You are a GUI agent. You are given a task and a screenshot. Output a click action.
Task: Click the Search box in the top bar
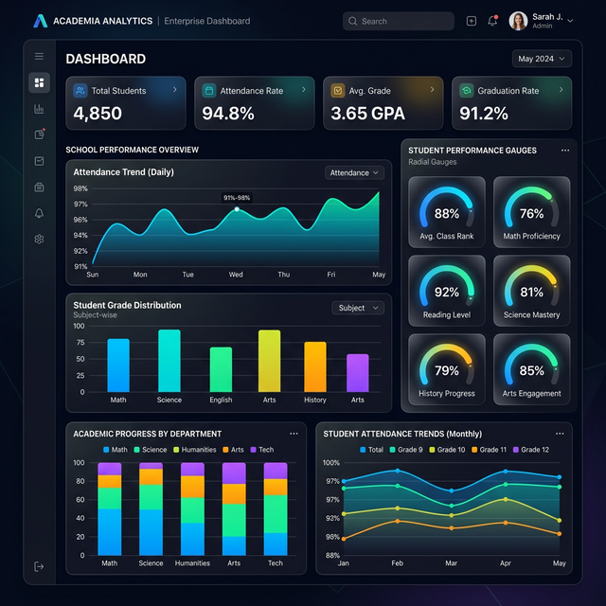coord(398,21)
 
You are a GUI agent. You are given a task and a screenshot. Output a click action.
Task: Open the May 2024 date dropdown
coord(543,59)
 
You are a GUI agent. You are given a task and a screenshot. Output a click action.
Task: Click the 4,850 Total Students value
coord(98,114)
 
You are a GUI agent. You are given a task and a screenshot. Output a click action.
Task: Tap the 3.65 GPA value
coord(367,114)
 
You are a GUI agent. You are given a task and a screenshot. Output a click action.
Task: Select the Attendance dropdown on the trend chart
coord(355,173)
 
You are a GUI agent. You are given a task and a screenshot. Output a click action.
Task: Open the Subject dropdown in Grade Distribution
coord(358,308)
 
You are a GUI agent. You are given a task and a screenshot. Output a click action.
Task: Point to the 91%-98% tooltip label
coord(237,198)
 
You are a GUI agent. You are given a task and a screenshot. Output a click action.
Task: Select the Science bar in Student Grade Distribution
coord(169,361)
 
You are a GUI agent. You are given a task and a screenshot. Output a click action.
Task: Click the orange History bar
coord(315,366)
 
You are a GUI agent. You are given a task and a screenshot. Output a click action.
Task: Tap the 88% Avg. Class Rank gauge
coord(447,214)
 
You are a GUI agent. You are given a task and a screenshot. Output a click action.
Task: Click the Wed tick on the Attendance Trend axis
coord(236,275)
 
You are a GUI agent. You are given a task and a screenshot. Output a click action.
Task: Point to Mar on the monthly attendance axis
coord(451,563)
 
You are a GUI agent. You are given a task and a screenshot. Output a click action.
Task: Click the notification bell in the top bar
coord(492,21)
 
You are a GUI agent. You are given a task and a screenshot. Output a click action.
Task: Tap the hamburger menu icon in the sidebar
coord(39,57)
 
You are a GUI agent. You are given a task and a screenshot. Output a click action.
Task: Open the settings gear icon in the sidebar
coord(39,240)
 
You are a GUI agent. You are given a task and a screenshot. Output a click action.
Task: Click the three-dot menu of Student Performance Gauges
coord(565,150)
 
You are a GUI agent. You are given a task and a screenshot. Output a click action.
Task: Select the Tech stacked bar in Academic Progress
coord(276,508)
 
